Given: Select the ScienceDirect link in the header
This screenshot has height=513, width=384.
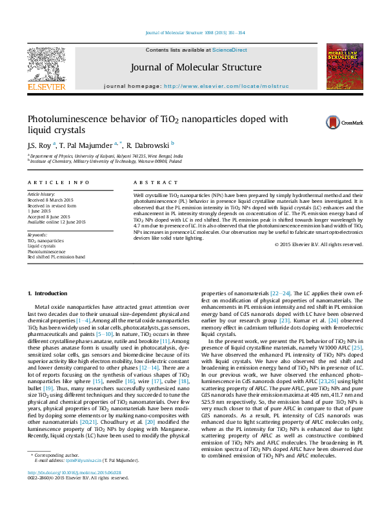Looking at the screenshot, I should (230, 50).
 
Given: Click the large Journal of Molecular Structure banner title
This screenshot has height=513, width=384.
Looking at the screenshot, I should (196, 67).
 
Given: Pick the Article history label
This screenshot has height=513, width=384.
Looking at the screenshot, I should (41, 194).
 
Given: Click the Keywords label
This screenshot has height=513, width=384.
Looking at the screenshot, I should (37, 235).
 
